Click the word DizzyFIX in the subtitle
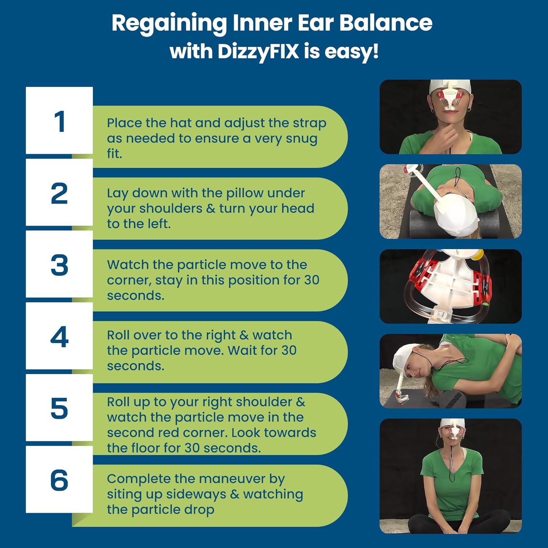(x=258, y=52)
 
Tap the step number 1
(x=60, y=122)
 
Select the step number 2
(x=59, y=193)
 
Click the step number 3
(x=59, y=265)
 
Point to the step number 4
(x=59, y=336)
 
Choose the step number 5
(x=59, y=408)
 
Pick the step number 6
(x=59, y=480)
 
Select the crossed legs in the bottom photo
(x=460, y=520)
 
